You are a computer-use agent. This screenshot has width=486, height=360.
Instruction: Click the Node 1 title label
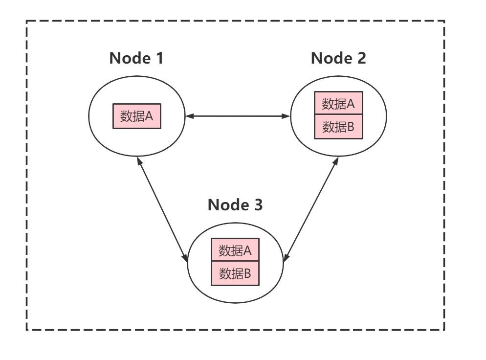point(136,58)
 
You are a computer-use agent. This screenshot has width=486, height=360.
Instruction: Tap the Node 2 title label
point(338,58)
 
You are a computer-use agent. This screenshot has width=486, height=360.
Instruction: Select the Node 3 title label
point(235,204)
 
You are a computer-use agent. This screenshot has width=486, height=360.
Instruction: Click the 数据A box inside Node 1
point(137,116)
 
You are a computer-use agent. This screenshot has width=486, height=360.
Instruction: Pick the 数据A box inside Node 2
point(338,104)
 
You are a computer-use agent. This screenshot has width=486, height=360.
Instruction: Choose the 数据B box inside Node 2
point(338,127)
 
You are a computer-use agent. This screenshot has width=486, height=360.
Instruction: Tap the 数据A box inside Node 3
point(235,251)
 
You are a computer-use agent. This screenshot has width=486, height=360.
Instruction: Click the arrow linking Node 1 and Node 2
point(238,116)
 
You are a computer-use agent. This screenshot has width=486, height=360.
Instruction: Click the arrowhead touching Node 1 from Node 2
point(190,116)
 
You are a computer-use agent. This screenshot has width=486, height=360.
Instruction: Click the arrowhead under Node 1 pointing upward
point(139,161)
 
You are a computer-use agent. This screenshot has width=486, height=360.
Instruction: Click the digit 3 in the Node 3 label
point(258,204)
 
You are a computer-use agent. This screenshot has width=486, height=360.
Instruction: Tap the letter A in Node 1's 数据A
point(149,116)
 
